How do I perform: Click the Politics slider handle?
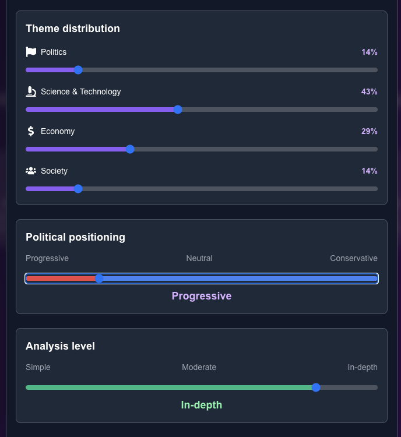78,70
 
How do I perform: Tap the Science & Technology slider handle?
178,110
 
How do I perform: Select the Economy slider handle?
130,149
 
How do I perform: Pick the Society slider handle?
78,189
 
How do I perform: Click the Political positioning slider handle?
99,279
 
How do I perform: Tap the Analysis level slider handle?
316,387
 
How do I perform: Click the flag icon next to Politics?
31,52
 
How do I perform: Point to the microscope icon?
31,91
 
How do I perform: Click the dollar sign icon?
31,131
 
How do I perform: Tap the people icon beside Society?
31,171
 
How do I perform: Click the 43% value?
369,91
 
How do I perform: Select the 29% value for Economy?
369,131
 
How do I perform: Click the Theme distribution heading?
73,29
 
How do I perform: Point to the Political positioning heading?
75,237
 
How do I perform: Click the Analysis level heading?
60,346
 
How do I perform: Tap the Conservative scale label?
353,258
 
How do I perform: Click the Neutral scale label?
199,258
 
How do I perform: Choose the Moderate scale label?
199,367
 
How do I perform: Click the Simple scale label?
38,367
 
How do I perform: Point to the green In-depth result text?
202,405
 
